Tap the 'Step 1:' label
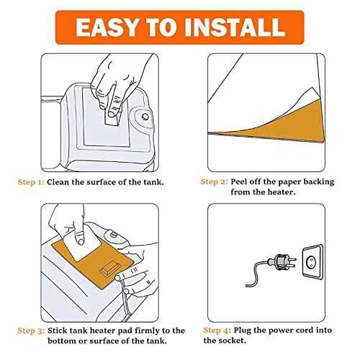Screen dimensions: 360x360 point(31,182)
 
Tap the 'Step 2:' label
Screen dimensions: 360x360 point(215,181)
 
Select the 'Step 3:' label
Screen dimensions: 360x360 point(31,330)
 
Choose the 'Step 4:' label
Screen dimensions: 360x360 point(217,330)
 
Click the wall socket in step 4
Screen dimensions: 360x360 point(312,262)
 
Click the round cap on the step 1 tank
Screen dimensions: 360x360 point(145,117)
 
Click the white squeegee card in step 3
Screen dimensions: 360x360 point(83,245)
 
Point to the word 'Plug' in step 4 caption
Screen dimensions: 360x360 point(243,330)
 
